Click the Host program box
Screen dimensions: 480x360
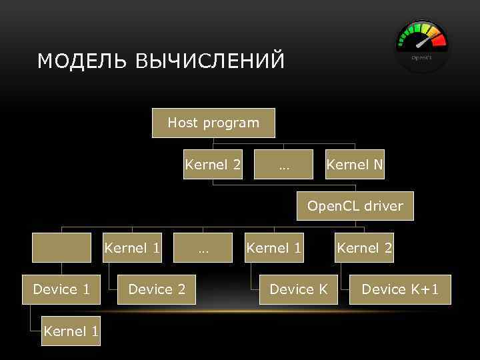click(213, 123)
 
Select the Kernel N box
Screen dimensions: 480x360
click(355, 165)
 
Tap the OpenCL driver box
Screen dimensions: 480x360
click(355, 206)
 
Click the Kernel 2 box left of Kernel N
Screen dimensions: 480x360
click(213, 165)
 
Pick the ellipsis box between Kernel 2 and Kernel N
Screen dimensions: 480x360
click(284, 165)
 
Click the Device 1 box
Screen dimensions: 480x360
click(61, 289)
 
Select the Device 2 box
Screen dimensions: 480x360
click(157, 289)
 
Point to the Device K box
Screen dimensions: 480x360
click(299, 289)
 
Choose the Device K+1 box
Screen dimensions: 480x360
click(400, 289)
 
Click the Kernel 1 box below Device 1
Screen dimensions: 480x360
click(71, 331)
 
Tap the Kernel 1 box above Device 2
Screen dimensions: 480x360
click(133, 248)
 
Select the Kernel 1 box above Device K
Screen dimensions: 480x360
click(274, 248)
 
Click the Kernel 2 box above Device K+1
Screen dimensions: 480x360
click(365, 248)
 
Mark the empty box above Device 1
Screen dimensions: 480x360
click(62, 248)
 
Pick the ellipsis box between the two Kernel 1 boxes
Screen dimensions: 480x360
click(203, 248)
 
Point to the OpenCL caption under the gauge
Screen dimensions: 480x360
click(421, 58)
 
